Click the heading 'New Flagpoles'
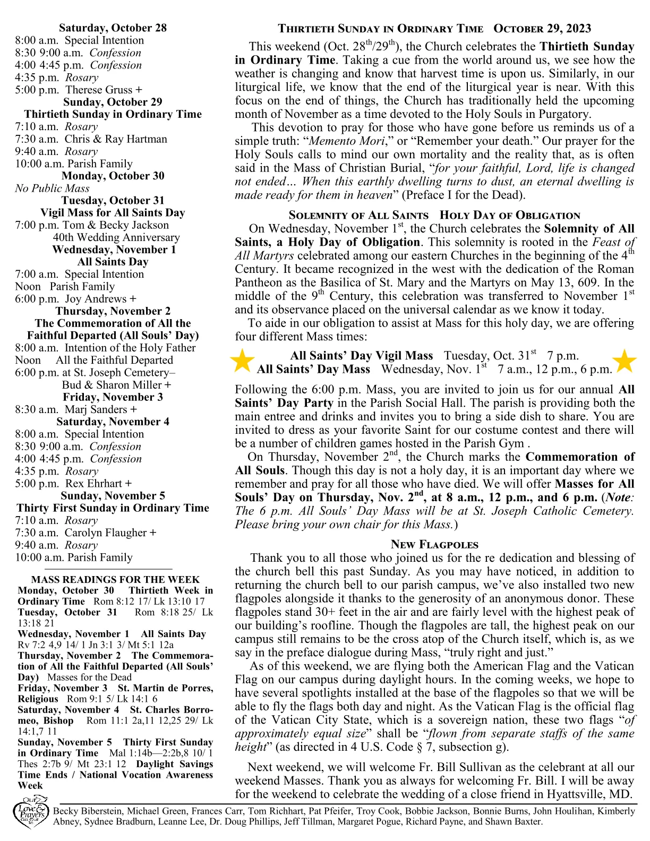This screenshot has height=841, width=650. coord(434,544)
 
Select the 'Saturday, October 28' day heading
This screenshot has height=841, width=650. coord(113,28)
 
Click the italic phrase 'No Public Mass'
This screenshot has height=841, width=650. coord(52,188)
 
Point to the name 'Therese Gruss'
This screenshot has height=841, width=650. coord(99,90)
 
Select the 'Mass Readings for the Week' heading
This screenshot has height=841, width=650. coord(115,579)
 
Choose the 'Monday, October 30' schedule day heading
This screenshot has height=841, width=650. coord(113,176)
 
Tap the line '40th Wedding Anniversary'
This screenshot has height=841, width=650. coord(116,237)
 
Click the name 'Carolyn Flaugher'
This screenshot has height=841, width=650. coord(106,533)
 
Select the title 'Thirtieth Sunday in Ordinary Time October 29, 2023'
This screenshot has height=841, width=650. coord(434,29)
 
